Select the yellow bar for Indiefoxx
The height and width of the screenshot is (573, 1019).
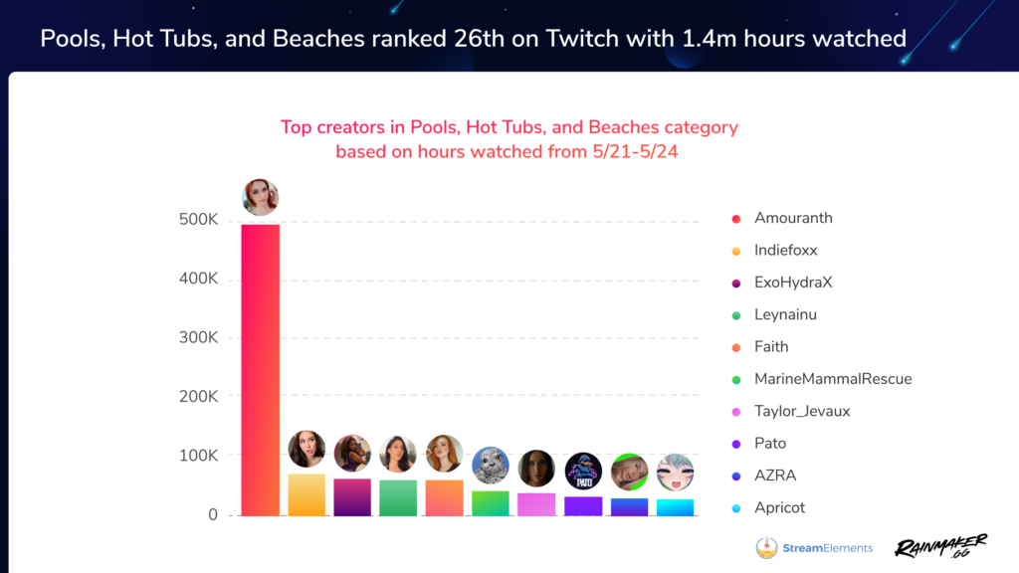(306, 494)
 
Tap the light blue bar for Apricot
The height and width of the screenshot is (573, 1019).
(675, 507)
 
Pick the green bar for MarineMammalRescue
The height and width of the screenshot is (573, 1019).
(491, 503)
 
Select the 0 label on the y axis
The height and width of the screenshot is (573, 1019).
(213, 514)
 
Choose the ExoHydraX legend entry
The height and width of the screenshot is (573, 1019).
(792, 283)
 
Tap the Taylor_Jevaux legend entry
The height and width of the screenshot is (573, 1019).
(801, 411)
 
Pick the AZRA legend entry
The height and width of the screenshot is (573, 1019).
(775, 476)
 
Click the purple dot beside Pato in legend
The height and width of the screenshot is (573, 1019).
(735, 444)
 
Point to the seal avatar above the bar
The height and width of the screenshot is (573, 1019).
(491, 466)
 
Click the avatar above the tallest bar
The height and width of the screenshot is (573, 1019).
(261, 197)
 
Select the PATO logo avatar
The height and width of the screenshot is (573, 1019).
(583, 472)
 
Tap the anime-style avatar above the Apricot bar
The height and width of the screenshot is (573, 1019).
(675, 472)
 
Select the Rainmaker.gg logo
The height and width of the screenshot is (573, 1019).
(940, 547)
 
